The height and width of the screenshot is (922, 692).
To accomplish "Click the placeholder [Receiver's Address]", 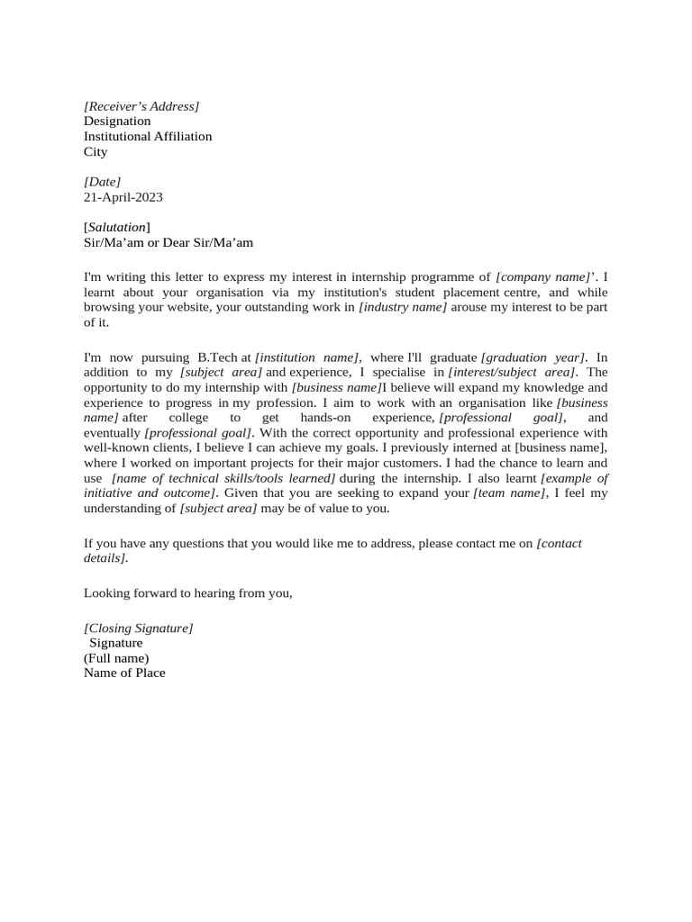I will click(x=141, y=106).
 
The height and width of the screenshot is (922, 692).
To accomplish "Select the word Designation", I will click(x=117, y=122).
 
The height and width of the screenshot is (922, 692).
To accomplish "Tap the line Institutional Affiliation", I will click(x=148, y=137).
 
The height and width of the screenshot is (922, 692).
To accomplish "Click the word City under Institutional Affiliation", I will click(x=96, y=152).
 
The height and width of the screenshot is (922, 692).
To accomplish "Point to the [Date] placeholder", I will click(x=102, y=182).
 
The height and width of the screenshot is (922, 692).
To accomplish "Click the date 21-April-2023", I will click(x=123, y=197).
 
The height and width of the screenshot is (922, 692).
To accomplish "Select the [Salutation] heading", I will click(x=117, y=227).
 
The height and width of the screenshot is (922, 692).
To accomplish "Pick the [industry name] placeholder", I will click(x=403, y=308).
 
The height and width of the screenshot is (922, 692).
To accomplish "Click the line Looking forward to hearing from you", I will click(x=188, y=593).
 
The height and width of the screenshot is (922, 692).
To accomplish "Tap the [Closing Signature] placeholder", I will click(x=138, y=628).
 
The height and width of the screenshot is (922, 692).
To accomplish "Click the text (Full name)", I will click(x=116, y=658).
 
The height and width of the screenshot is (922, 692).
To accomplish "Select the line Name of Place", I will click(x=124, y=673).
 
